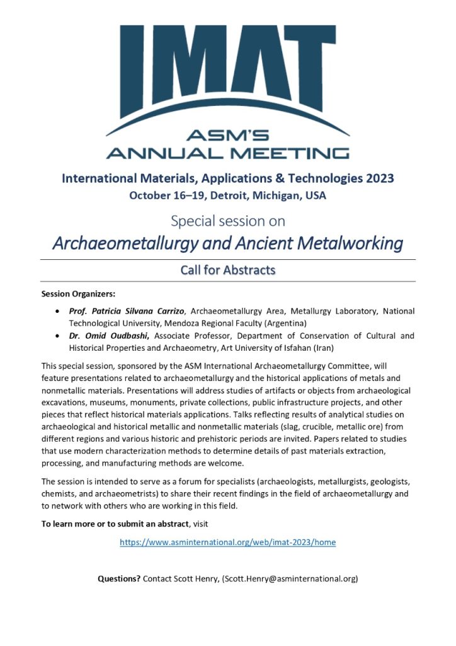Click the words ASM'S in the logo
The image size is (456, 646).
[227, 134]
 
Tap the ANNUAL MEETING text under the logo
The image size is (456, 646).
[227, 152]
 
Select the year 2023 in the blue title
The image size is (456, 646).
[375, 178]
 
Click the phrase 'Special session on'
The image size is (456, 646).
[227, 221]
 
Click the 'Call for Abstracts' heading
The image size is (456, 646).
[227, 270]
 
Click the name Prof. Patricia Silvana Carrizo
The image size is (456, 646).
[127, 311]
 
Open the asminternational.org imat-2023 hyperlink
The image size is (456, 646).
[227, 542]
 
